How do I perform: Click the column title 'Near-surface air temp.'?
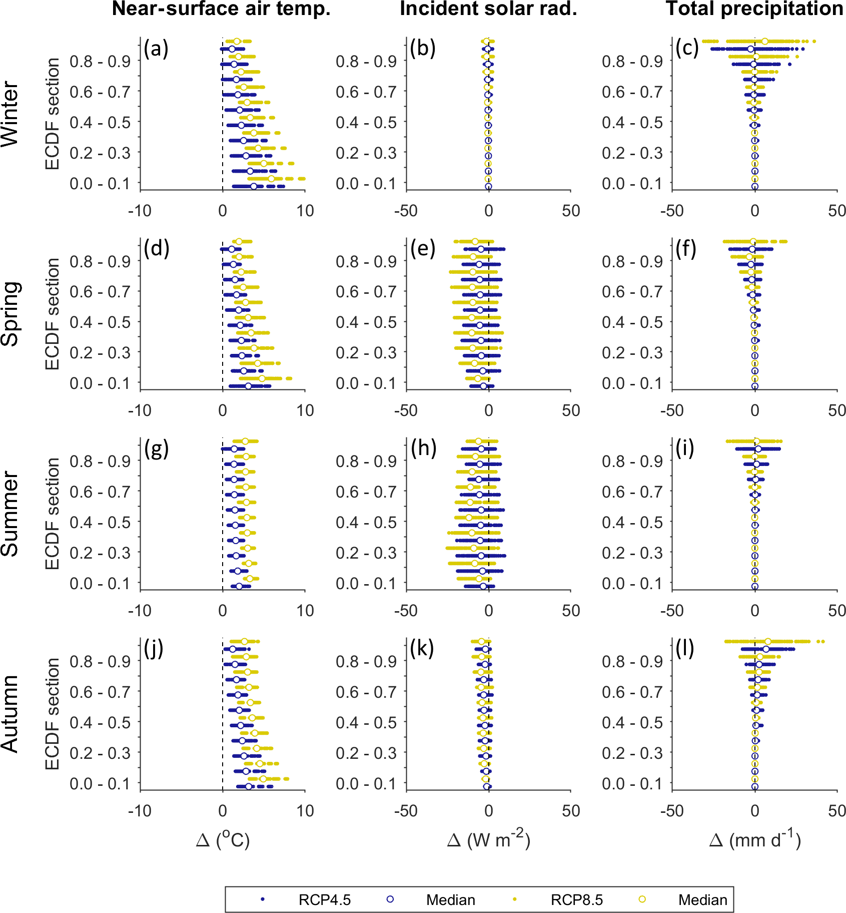pyautogui.click(x=221, y=9)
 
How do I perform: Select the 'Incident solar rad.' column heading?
pyautogui.click(x=488, y=9)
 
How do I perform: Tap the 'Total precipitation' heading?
pyautogui.click(x=754, y=9)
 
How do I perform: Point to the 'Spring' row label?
pyautogui.click(x=10, y=314)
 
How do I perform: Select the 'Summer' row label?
pyautogui.click(x=10, y=514)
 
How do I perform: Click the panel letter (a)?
pyautogui.click(x=156, y=49)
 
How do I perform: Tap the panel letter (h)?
pyautogui.click(x=423, y=449)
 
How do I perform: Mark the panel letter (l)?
pyautogui.click(x=685, y=649)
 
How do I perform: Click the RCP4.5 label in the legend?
pyautogui.click(x=325, y=900)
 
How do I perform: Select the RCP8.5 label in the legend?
pyautogui.click(x=577, y=900)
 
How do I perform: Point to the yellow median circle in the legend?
pyautogui.click(x=642, y=899)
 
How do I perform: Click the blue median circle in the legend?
pyautogui.click(x=390, y=899)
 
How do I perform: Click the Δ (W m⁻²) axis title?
pyautogui.click(x=488, y=839)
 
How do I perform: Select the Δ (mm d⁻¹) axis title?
pyautogui.click(x=754, y=839)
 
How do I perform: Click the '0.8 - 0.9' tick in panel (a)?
pyautogui.click(x=100, y=62)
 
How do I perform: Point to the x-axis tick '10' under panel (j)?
pyautogui.click(x=305, y=810)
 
